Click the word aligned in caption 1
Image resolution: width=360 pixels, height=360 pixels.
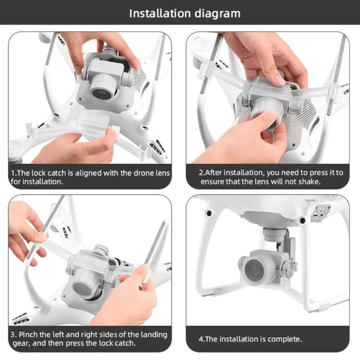click(84, 173)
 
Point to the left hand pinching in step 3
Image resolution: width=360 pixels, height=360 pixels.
click(26, 231)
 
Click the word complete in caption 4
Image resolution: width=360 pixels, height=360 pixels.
click(283, 339)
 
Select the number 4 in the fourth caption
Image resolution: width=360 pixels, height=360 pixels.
click(201, 339)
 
